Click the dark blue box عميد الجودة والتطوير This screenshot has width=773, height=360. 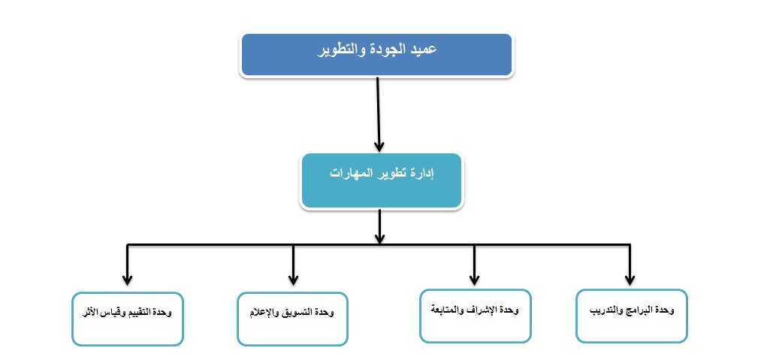tap(376, 55)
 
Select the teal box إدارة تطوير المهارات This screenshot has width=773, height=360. tap(381, 180)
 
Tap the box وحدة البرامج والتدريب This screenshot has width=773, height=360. tap(632, 316)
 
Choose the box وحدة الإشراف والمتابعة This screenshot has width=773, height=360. tap(476, 316)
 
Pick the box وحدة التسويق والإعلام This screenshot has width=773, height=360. tap(292, 319)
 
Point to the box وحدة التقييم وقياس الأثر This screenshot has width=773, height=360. tap(128, 319)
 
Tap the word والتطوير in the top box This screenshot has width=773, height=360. tap(337, 50)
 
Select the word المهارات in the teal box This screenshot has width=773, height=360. tap(347, 174)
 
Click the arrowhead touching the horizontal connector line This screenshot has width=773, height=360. tap(379, 238)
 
